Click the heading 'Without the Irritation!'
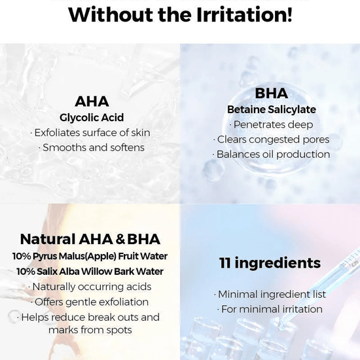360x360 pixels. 180,14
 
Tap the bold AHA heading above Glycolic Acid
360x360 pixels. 92,101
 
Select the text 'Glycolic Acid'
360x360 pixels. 92,118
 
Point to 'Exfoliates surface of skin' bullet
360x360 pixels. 90,133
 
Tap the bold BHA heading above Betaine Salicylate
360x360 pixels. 271,94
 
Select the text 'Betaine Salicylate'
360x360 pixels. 271,109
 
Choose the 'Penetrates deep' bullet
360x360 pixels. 271,124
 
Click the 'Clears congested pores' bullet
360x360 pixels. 271,139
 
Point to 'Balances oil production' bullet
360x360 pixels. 271,154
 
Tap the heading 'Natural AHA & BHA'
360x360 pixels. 90,239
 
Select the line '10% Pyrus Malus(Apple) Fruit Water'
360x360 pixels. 90,256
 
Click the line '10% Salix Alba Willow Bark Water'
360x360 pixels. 90,271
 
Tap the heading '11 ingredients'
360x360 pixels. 270,263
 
